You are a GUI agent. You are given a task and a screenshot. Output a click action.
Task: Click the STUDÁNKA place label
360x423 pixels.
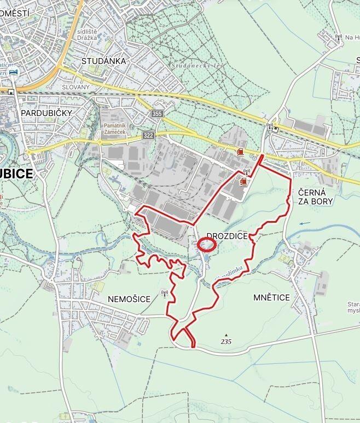point(103,61)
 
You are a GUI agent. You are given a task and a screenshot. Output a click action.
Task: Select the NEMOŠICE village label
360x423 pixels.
point(129,298)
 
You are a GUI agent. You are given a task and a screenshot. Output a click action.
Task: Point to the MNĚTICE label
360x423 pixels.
point(271,297)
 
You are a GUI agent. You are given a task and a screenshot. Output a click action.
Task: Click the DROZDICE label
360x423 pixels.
point(228,236)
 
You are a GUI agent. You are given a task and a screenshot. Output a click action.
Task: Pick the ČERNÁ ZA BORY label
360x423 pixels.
point(316,197)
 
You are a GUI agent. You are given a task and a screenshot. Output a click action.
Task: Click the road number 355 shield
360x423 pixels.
point(158,114)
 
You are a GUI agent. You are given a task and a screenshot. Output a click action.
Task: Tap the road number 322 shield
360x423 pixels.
point(148,135)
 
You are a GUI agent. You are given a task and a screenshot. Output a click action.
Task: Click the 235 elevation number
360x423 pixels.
point(227,341)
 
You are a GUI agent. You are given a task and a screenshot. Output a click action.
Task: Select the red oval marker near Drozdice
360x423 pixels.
point(207,245)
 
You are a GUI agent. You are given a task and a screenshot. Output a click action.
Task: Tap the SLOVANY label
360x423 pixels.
point(75,87)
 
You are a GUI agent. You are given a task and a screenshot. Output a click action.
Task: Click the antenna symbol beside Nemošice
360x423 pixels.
point(164,293)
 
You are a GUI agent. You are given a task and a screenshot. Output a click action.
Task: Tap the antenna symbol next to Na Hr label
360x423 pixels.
point(338,38)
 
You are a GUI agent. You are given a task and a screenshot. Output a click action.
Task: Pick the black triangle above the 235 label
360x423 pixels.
point(225,334)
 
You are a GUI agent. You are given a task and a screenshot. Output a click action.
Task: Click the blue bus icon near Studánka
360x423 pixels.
point(13,72)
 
